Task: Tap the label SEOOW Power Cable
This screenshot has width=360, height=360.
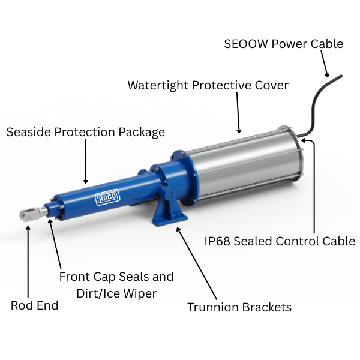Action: click(x=283, y=44)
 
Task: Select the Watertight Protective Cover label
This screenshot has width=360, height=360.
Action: click(x=208, y=85)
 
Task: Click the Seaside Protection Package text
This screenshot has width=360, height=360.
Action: click(x=85, y=131)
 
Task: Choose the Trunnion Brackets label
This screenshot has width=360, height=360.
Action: click(x=239, y=307)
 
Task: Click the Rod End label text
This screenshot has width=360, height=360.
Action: click(x=34, y=305)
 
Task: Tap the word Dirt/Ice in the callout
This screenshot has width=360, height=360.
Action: click(x=100, y=293)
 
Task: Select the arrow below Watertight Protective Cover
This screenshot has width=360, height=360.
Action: click(x=238, y=112)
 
